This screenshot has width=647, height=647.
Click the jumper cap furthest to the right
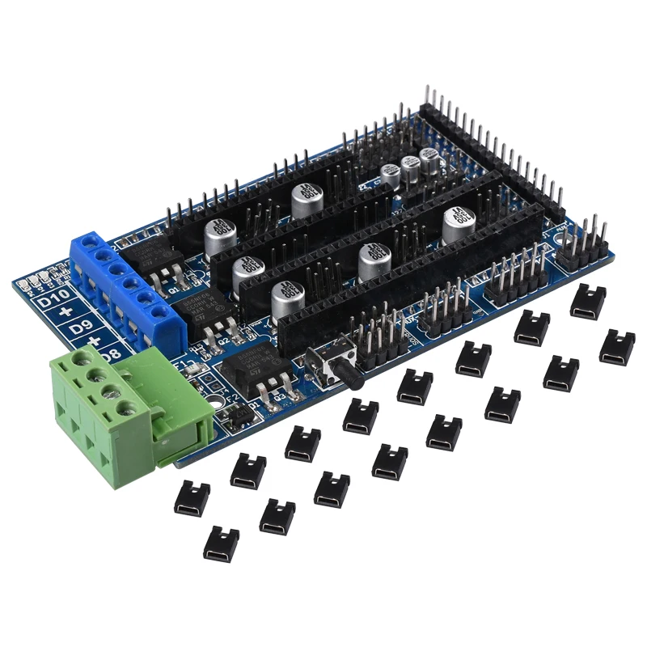point(617,345)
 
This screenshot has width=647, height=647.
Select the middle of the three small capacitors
point(411,167)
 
